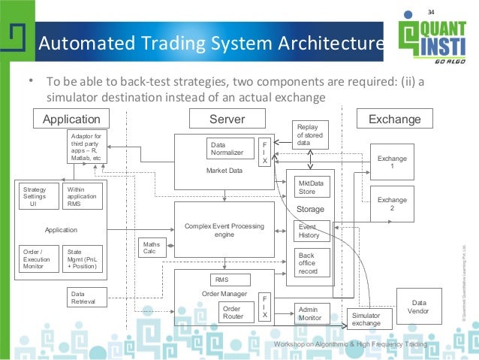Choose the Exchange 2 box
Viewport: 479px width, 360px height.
[x=391, y=204]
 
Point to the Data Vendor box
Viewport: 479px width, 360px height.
[x=418, y=307]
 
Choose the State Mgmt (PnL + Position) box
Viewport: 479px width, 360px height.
[x=83, y=259]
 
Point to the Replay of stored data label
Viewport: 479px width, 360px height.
[x=310, y=135]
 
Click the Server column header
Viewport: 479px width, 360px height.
[x=227, y=119]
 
